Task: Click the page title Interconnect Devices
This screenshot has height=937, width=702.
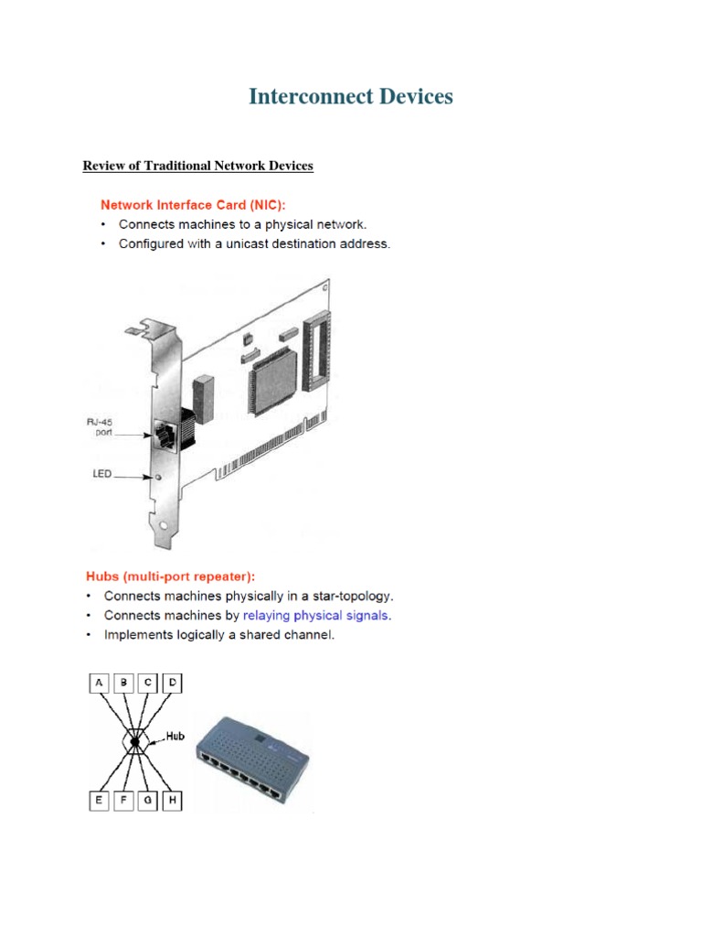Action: [351, 96]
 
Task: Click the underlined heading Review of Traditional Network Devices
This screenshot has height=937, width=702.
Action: [197, 166]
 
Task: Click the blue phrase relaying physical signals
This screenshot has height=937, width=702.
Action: [315, 615]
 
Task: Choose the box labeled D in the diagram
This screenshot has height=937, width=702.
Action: [173, 682]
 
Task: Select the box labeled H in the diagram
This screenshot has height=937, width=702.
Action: [173, 802]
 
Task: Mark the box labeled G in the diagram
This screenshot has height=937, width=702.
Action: [148, 802]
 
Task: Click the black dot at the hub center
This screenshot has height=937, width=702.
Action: [135, 741]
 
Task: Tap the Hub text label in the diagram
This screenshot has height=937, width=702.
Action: [175, 735]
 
